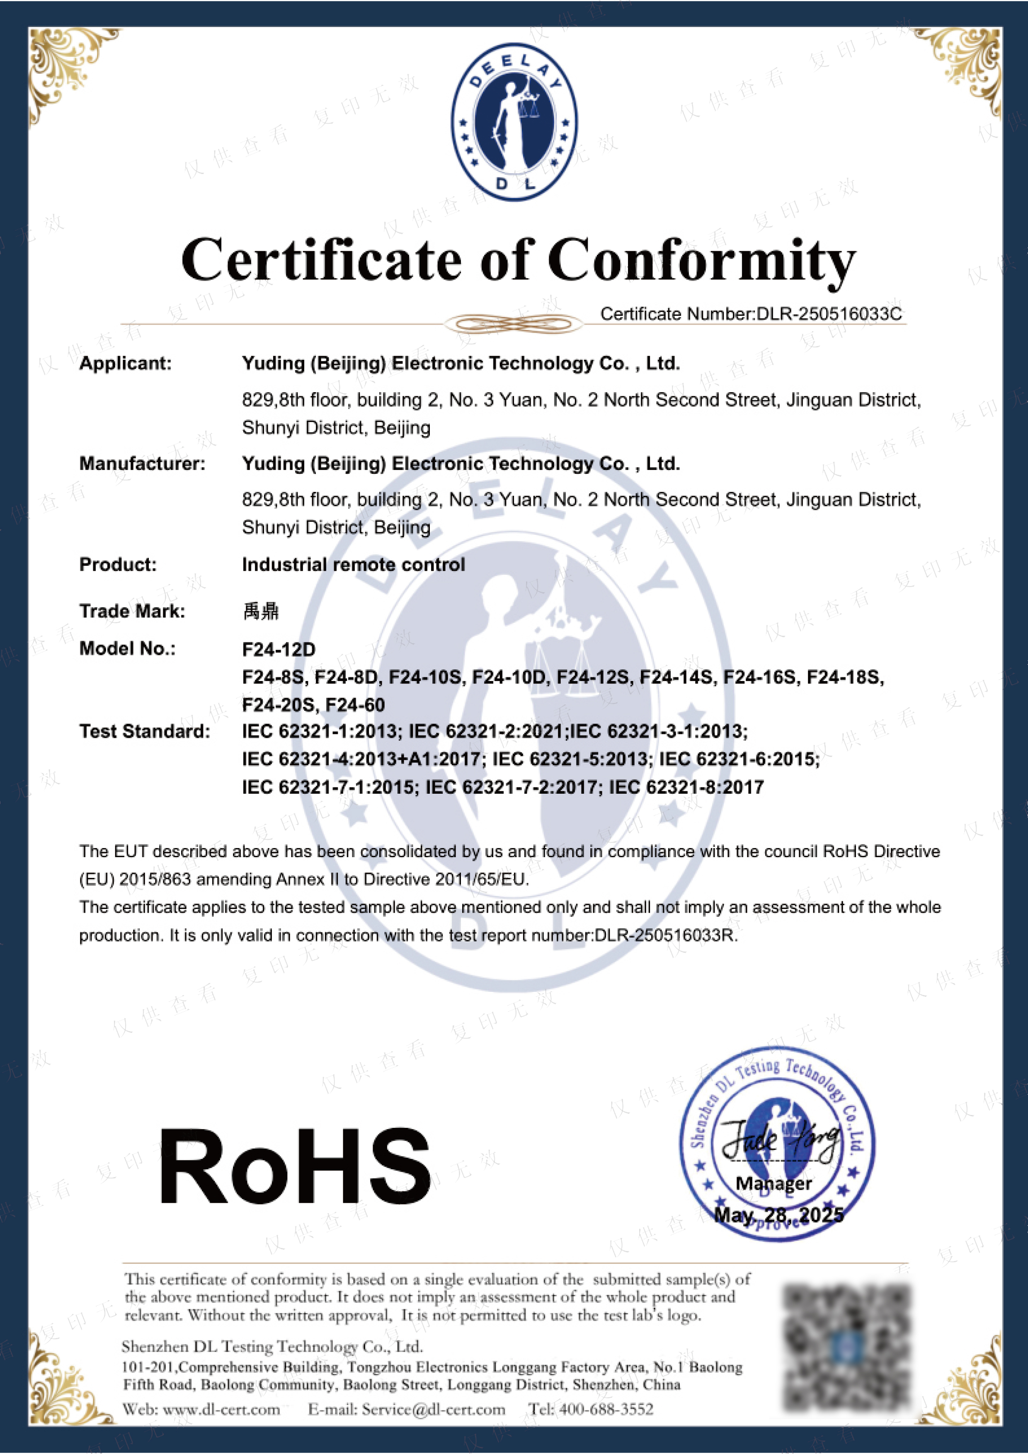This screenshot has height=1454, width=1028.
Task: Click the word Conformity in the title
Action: click(701, 260)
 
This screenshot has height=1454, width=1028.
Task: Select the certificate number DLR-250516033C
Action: click(829, 314)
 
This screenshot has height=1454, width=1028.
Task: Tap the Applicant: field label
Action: click(126, 363)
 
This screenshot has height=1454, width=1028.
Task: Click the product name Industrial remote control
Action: click(354, 564)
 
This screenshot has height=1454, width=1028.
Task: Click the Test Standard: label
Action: click(144, 732)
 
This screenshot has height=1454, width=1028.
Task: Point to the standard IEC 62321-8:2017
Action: click(686, 787)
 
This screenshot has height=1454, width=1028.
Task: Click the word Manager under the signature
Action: click(773, 1183)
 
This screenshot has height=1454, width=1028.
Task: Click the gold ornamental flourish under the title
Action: click(514, 324)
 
